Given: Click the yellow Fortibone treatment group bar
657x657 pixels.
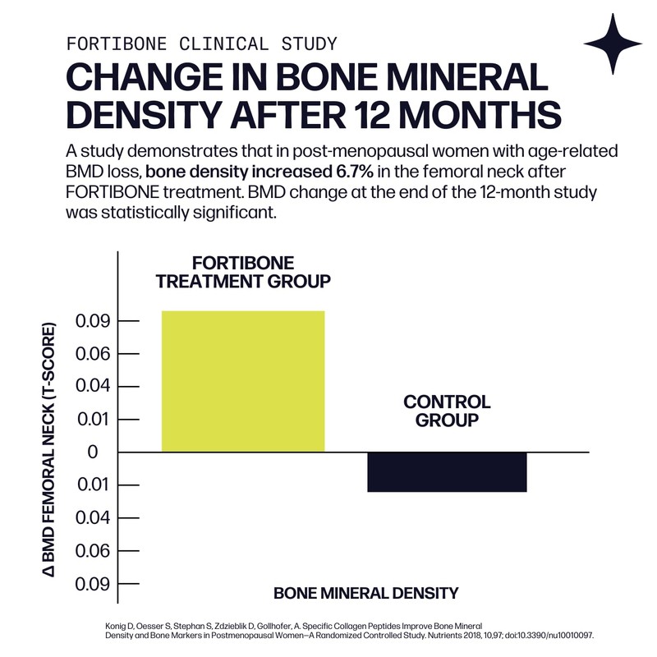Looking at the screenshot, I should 243,381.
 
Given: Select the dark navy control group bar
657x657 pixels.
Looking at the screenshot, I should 447,472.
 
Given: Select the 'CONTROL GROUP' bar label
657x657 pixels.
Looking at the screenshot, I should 447,411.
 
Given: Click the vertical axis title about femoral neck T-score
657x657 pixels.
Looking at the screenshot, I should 48,453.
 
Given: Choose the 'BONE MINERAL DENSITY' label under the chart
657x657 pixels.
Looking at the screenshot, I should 365,593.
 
